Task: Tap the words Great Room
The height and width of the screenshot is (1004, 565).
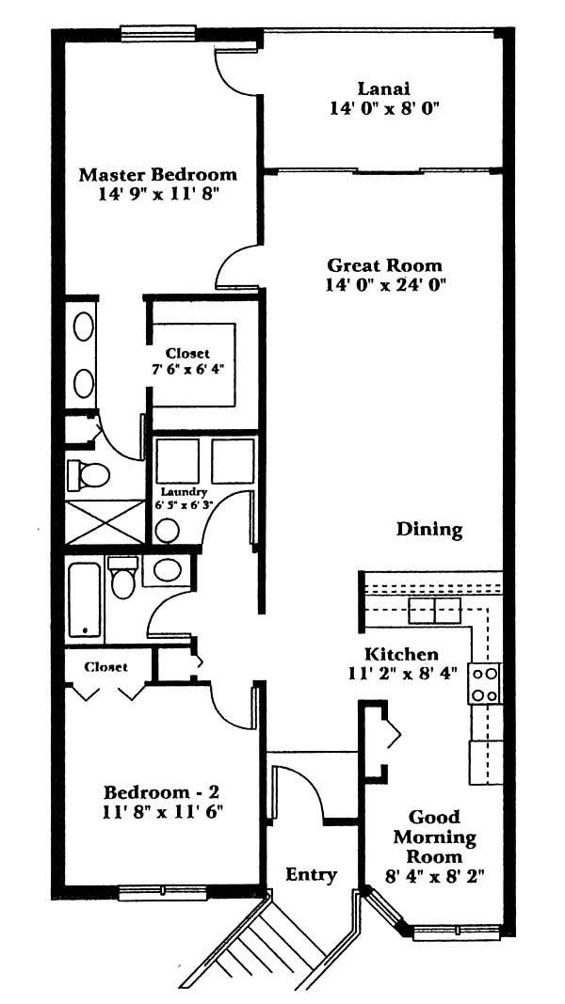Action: point(384,265)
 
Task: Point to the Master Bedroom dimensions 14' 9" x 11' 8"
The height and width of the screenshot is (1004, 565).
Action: point(158,195)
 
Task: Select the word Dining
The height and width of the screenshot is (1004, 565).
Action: point(429,530)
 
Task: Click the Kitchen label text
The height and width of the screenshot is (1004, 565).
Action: point(402,654)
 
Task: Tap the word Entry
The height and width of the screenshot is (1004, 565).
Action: point(312,875)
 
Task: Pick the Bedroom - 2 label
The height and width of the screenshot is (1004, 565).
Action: point(163,792)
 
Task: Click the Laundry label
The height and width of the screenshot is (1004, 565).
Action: point(184,492)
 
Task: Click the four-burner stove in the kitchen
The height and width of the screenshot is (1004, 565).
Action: point(484,684)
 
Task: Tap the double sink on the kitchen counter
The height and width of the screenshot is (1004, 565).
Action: point(435,611)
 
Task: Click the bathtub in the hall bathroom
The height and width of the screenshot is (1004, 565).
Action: point(85,600)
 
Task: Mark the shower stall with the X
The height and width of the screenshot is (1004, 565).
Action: point(105,522)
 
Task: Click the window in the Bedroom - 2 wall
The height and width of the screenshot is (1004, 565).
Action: point(162,892)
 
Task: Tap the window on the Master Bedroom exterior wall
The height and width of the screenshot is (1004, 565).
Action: point(158,33)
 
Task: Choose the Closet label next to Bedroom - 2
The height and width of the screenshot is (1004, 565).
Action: point(105,666)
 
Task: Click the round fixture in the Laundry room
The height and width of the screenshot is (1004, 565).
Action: point(168,530)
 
